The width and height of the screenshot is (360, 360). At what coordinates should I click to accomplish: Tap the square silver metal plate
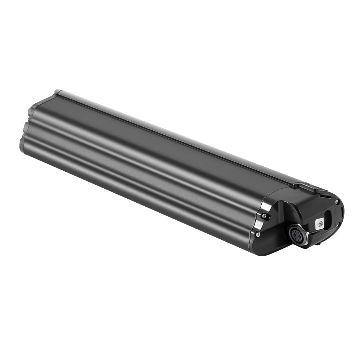click(319, 224)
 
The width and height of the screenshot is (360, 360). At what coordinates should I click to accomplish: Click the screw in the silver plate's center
click(319, 224)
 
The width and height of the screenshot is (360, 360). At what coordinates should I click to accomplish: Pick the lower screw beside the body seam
click(258, 234)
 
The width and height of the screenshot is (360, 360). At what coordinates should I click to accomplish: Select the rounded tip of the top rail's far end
click(57, 92)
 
